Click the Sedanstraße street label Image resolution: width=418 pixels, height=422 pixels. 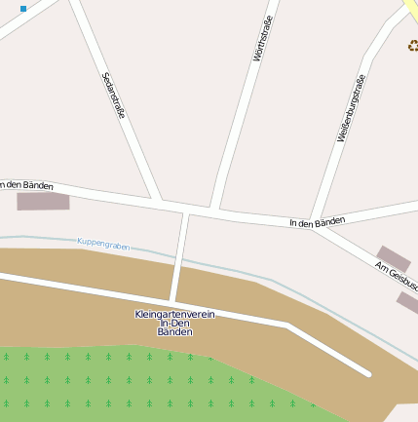pyautogui.click(x=113, y=95)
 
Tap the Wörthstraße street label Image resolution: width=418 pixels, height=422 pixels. pyautogui.click(x=261, y=39)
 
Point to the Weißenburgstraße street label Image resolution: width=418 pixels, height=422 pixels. pyautogui.click(x=351, y=109)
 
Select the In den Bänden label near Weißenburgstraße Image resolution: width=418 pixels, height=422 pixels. pyautogui.click(x=317, y=222)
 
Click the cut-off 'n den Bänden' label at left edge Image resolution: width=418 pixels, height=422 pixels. pyautogui.click(x=26, y=184)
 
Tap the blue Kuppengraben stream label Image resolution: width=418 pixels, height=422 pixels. pyautogui.click(x=103, y=245)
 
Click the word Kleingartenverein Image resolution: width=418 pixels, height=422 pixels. pyautogui.click(x=174, y=314)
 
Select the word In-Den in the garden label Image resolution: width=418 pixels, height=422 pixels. pyautogui.click(x=175, y=324)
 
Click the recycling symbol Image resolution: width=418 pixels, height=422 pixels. pyautogui.click(x=412, y=44)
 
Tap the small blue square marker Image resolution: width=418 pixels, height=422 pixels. pyautogui.click(x=23, y=8)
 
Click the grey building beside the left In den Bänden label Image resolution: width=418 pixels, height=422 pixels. pyautogui.click(x=44, y=201)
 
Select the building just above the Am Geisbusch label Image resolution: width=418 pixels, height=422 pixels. pyautogui.click(x=394, y=257)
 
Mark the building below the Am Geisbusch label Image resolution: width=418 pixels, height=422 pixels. pyautogui.click(x=408, y=302)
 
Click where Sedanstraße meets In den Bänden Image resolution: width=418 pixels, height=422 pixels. pyautogui.click(x=159, y=203)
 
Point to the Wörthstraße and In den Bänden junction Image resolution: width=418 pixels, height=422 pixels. pyautogui.click(x=214, y=210)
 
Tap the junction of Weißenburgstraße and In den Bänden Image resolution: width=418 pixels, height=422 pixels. pyautogui.click(x=312, y=220)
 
